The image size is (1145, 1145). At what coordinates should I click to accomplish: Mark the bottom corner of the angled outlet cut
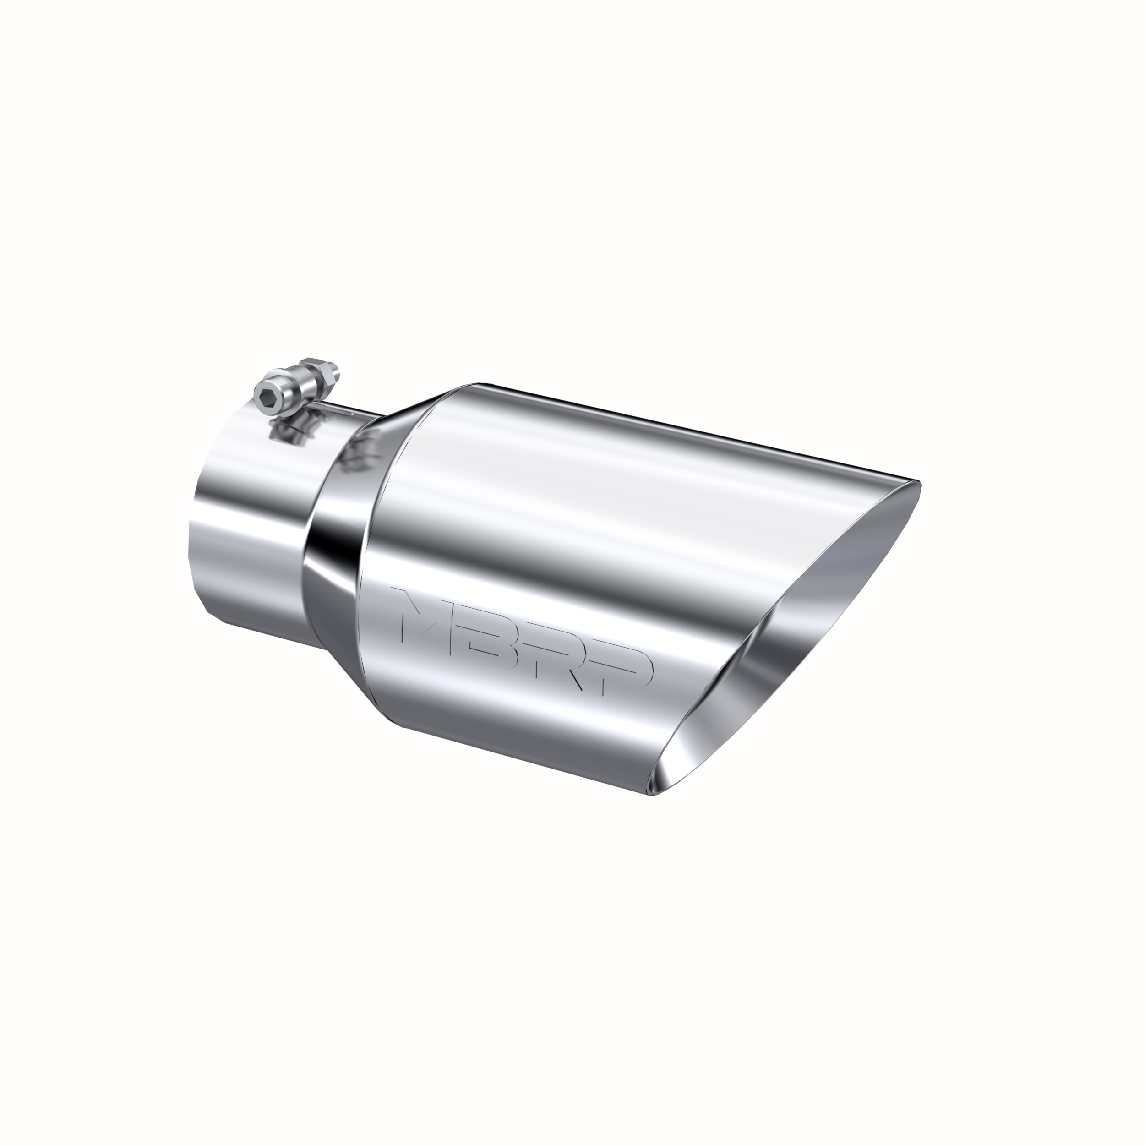click(652, 794)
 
